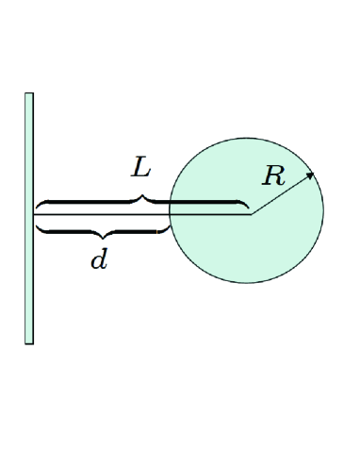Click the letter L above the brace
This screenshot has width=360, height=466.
tap(140, 169)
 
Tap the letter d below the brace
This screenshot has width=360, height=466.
tap(98, 260)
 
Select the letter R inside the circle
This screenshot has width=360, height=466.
tap(272, 175)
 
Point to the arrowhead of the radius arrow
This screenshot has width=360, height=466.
tap(312, 175)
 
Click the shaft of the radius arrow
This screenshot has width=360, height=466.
tap(280, 194)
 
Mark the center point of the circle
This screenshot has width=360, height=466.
tap(250, 213)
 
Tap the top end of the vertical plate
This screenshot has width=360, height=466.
tap(29, 95)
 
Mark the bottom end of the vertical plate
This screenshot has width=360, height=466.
tap(29, 341)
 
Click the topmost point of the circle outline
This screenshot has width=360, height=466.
tap(246, 138)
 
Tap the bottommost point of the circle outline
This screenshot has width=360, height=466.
tap(246, 283)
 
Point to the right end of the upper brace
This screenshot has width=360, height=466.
tap(248, 208)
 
